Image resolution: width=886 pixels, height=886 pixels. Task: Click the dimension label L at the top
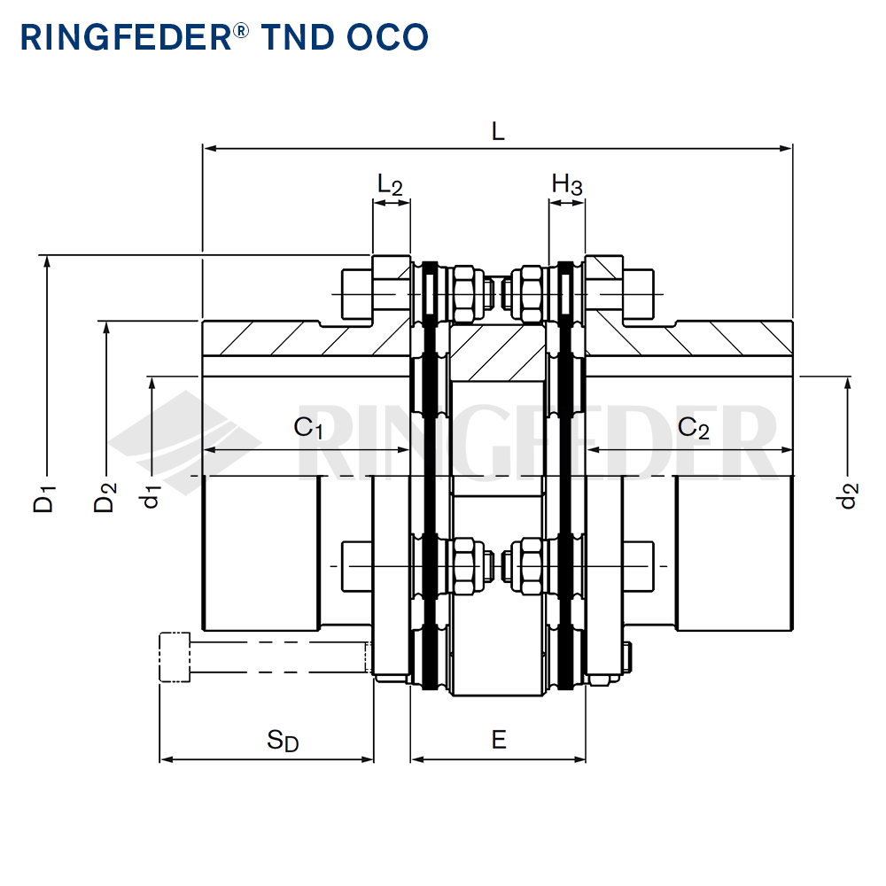click(498, 132)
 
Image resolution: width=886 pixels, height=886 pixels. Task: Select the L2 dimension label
click(390, 185)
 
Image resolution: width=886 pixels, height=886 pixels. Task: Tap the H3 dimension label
click(567, 185)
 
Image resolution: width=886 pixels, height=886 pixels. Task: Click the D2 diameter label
click(105, 497)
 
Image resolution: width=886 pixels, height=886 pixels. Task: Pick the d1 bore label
click(152, 496)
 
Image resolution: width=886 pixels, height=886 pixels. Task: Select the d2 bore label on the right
click(849, 496)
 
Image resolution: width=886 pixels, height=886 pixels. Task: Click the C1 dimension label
click(308, 429)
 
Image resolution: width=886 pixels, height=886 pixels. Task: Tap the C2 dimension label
click(693, 429)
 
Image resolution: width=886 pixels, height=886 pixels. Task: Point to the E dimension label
click(499, 740)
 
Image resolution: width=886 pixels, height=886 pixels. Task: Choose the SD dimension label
click(283, 741)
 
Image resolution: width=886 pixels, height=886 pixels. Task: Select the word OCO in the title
click(388, 36)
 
